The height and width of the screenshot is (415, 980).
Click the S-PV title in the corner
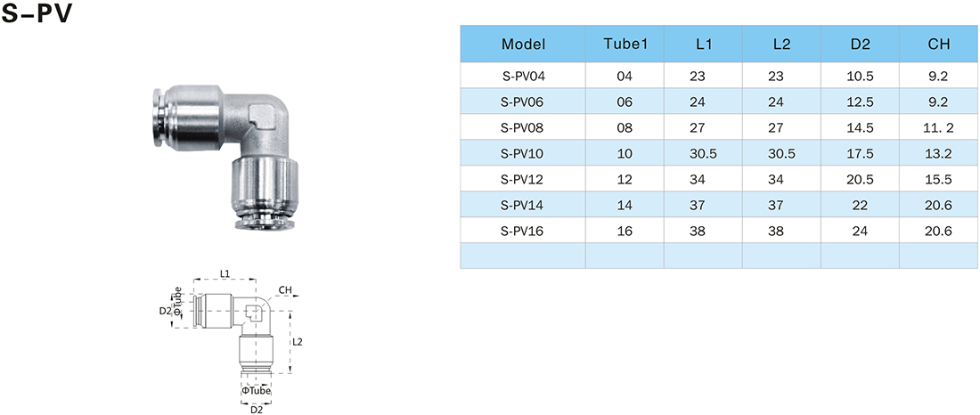pos(37,13)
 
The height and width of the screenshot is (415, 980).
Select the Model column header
pos(523,45)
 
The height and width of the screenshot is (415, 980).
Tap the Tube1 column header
pos(625,45)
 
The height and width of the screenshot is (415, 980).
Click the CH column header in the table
pos(939,45)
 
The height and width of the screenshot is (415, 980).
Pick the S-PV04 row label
pos(523,77)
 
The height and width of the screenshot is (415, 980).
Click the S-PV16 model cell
pos(523,232)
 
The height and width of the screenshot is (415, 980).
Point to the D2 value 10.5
pos(861,77)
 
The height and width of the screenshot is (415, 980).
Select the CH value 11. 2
pos(939,128)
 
